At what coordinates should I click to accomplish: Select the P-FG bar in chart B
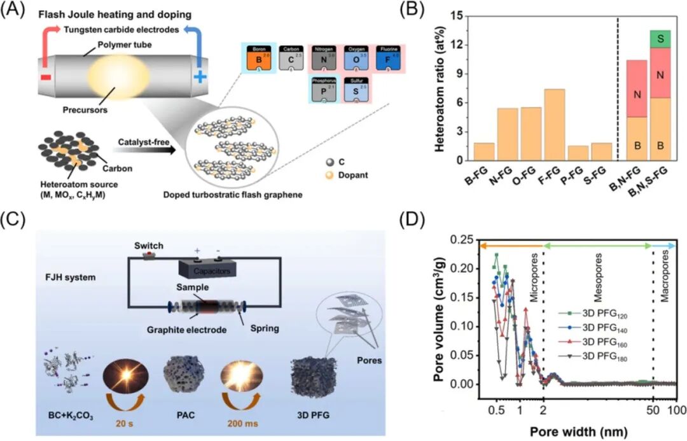click(578, 153)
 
